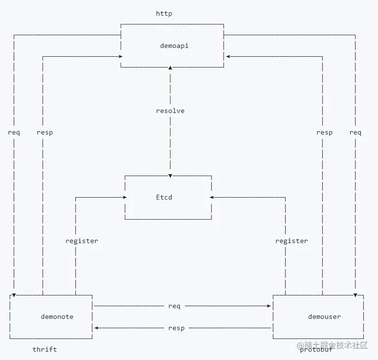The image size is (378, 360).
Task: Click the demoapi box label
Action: coord(174,45)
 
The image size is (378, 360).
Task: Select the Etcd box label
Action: coord(164,198)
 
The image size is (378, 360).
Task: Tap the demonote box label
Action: coord(57,316)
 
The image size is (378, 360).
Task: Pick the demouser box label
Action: coord(324,316)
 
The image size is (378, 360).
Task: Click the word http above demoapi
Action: coord(164,13)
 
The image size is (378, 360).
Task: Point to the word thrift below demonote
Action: coord(44,349)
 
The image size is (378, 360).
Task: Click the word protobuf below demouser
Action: coord(316,349)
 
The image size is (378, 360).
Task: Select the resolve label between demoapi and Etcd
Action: coord(170,111)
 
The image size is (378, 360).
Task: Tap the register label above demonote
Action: coord(82,241)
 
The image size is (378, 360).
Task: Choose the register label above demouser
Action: coord(291,241)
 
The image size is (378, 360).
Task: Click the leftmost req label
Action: coord(14,132)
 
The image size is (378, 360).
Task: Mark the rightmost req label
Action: coord(356,132)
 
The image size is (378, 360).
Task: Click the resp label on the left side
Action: coord(44,132)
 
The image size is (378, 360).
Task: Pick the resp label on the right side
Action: coord(324,132)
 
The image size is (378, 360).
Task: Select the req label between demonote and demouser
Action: coord(174,306)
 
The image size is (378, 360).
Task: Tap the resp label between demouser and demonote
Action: coord(176,328)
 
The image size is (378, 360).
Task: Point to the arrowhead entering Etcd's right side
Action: coord(212,197)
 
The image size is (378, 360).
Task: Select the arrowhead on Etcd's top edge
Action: coord(170,175)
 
